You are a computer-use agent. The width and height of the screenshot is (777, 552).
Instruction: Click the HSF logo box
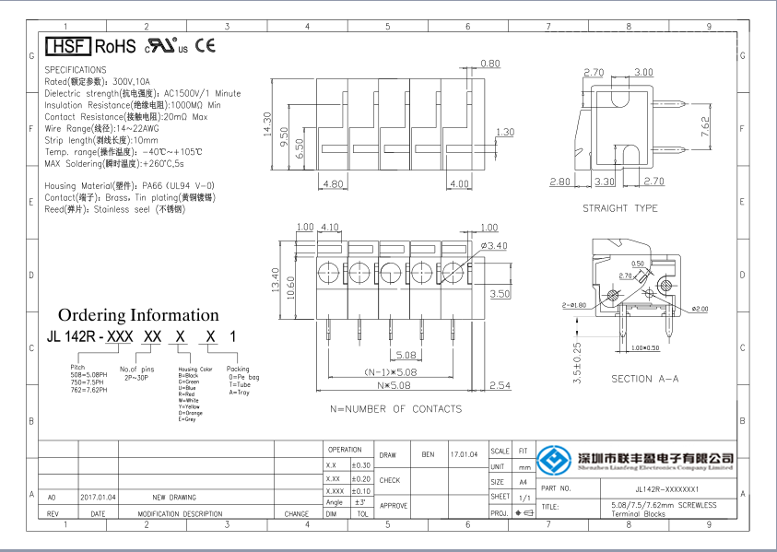coord(67,45)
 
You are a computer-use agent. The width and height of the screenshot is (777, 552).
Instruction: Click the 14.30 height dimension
coord(268,124)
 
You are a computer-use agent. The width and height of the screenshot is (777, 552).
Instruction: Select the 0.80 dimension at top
coord(490,64)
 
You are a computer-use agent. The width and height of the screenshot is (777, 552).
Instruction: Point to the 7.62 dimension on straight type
coord(706,126)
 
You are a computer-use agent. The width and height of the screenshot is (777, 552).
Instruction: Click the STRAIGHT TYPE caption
coord(620,208)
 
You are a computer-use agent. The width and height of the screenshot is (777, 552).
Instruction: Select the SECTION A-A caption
coord(645,379)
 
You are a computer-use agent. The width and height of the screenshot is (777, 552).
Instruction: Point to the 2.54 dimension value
coord(500,385)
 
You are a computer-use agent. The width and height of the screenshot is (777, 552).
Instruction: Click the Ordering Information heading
coord(138,315)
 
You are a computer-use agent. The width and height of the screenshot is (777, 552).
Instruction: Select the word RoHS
coord(115,45)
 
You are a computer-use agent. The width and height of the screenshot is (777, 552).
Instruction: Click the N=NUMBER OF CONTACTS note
coord(396,408)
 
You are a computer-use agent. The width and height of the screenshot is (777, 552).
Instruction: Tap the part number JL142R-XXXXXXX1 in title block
coord(667,488)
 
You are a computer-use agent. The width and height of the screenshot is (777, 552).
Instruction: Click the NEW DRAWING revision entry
coord(173,496)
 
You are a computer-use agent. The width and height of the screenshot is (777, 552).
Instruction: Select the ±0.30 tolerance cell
coord(361,465)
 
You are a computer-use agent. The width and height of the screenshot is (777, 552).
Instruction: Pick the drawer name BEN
coord(428,454)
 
